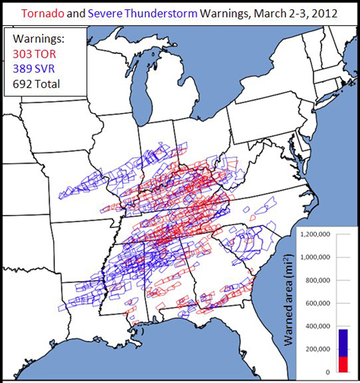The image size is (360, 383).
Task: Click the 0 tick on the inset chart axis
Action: (x=328, y=372)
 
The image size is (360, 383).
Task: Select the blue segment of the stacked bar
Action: (x=343, y=342)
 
